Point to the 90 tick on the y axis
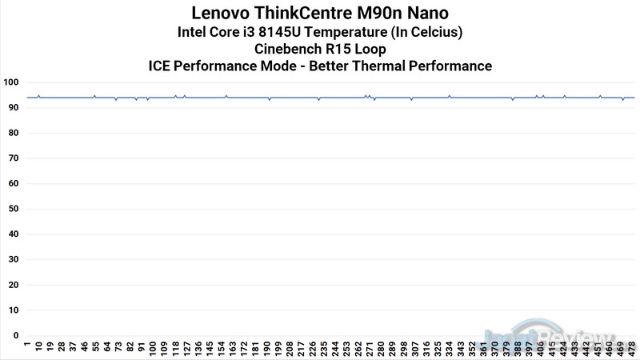tap(13, 107)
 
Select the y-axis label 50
tap(13, 209)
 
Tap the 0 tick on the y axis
tap(15, 336)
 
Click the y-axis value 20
tap(13, 285)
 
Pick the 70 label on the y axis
tap(13, 158)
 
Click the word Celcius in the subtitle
tap(433, 32)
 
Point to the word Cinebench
tap(290, 49)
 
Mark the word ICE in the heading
tap(161, 66)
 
